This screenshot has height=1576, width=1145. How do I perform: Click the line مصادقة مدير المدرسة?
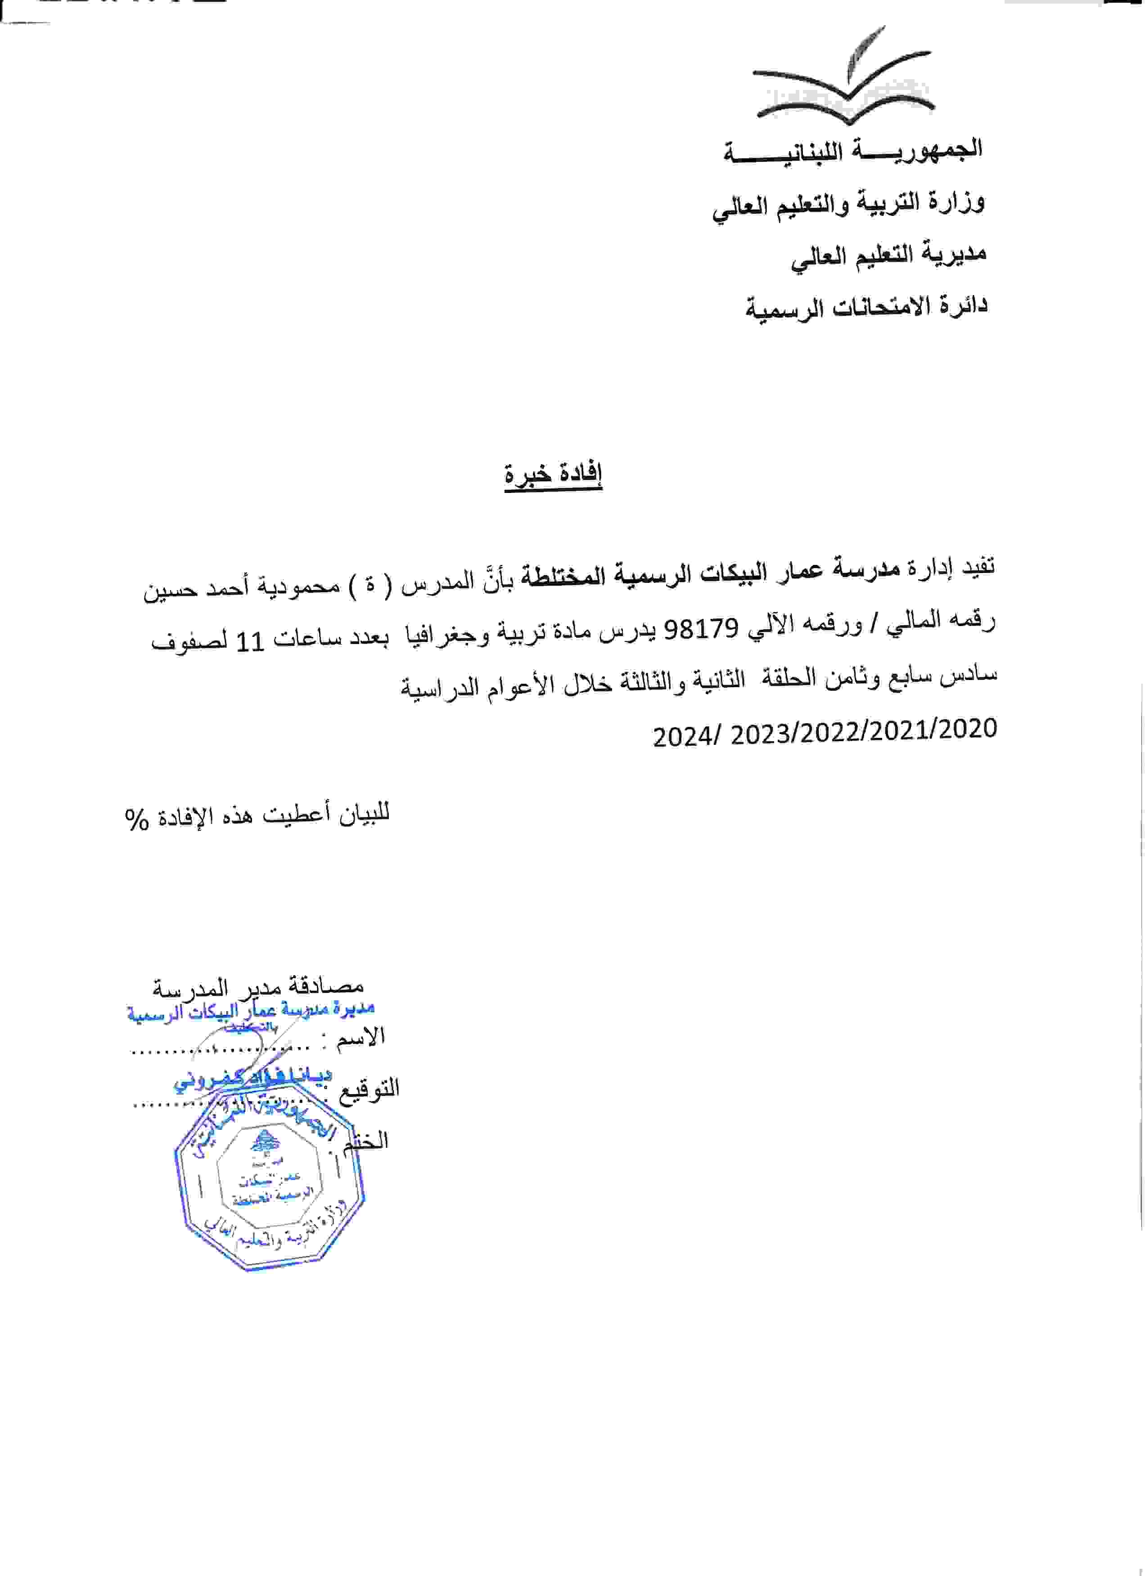[x=258, y=987]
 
